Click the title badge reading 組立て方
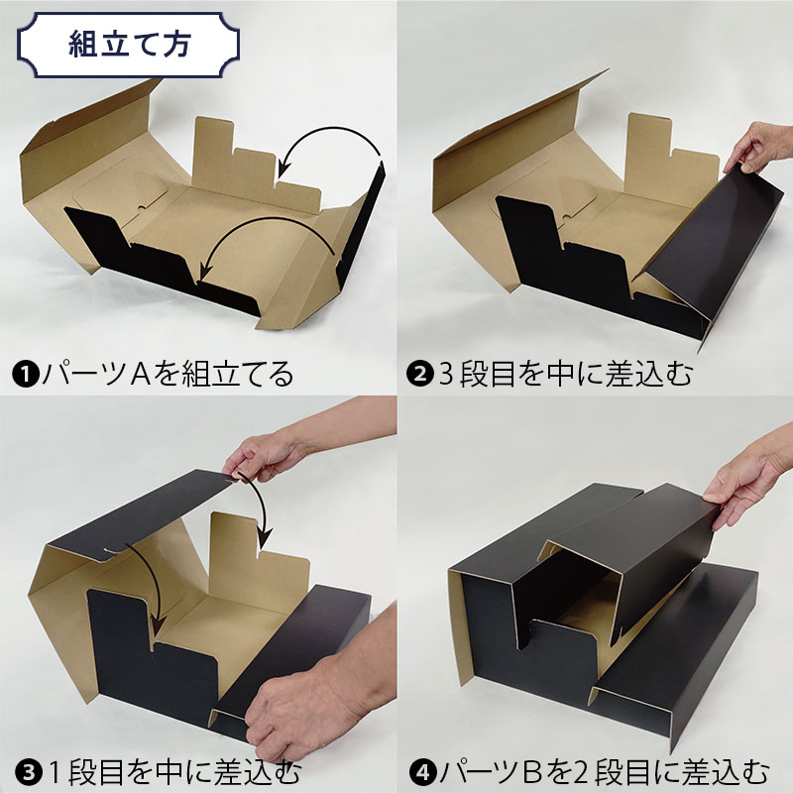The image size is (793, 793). coord(128,45)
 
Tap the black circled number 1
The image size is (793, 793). coord(26,375)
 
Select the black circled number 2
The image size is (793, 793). coord(419,375)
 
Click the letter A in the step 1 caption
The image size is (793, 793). coord(140,375)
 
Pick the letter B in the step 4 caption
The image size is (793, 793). coord(534,773)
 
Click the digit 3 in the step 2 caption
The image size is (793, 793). coord(446,376)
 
